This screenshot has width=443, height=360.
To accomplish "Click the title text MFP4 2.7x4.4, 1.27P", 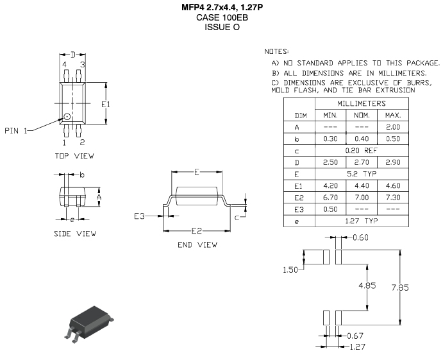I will click(x=221, y=7).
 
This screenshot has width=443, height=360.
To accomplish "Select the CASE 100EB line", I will click(x=221, y=17).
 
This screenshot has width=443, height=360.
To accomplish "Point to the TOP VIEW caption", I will click(x=74, y=156).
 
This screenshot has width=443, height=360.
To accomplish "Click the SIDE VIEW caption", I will click(x=75, y=234).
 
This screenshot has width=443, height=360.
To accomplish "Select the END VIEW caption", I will click(x=197, y=244).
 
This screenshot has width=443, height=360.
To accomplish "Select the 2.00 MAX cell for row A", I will click(x=392, y=127).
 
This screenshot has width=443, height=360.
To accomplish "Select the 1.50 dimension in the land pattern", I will click(x=292, y=270).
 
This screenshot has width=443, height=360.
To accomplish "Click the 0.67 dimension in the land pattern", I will click(x=355, y=336).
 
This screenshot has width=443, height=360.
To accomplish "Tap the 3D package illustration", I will click(x=90, y=321).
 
